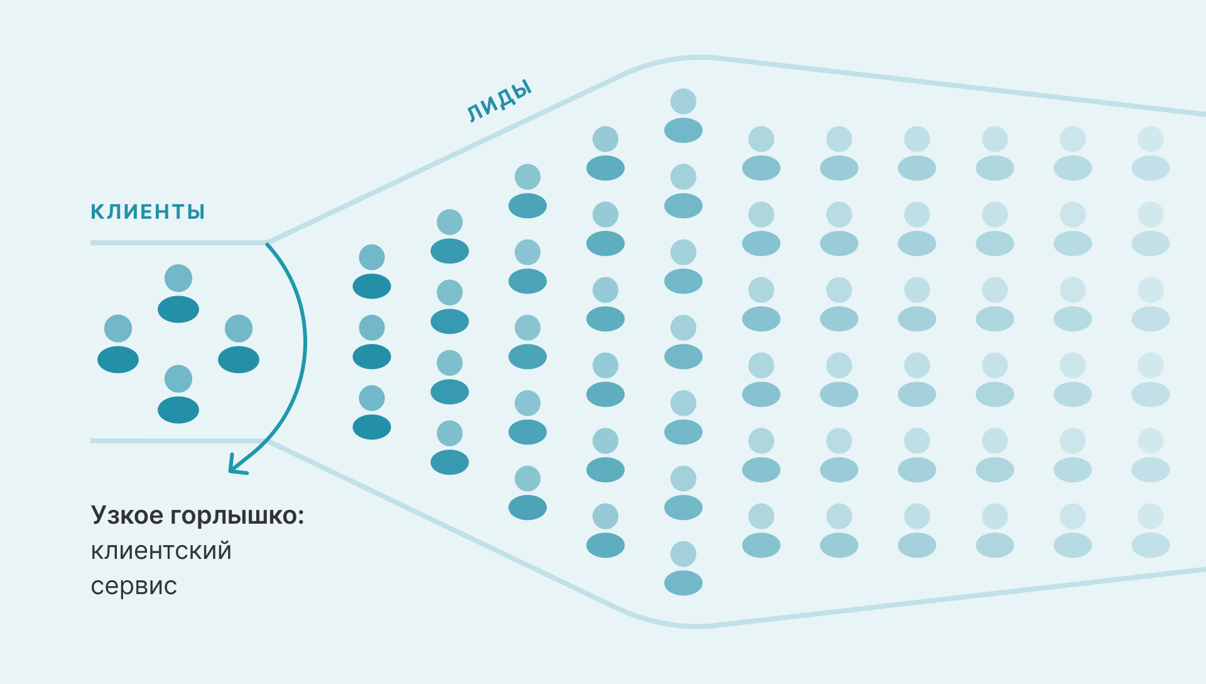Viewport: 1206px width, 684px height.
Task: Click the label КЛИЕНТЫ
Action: [x=148, y=212]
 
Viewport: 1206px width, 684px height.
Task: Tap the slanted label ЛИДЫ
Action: [x=500, y=101]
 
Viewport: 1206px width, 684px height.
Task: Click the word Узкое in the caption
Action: [x=127, y=515]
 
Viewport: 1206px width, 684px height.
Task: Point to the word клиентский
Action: [x=161, y=551]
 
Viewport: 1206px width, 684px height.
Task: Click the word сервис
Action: [x=134, y=586]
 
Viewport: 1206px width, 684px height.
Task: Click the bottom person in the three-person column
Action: [x=372, y=412]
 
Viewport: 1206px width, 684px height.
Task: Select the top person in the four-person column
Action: [x=450, y=236]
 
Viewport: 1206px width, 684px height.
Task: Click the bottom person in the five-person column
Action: [x=528, y=493]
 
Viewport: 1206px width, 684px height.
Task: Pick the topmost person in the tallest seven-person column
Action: [x=683, y=116]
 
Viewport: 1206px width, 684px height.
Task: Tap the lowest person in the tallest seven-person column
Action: [x=683, y=568]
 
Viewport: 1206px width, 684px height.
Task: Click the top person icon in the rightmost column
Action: [x=1151, y=153]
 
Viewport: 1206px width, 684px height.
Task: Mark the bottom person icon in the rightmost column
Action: [x=1151, y=531]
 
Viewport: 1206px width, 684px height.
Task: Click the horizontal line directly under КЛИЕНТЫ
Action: [x=178, y=242]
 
